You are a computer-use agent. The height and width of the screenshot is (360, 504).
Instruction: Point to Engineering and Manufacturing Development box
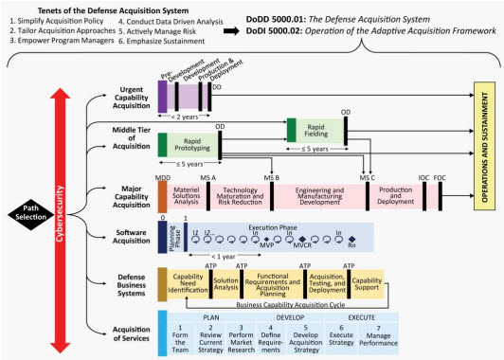(321, 195)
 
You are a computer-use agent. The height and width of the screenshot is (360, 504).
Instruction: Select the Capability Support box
(368, 283)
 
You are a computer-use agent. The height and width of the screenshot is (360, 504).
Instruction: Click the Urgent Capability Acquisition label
(124, 98)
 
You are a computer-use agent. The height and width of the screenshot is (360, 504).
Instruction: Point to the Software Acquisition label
(124, 237)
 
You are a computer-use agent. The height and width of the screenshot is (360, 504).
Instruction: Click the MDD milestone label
(162, 177)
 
